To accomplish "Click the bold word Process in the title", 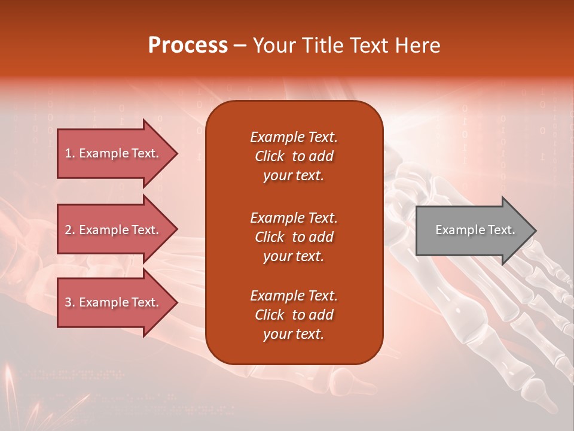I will [x=188, y=45].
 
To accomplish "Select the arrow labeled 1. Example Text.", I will [x=114, y=153].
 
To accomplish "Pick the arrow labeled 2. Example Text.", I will [x=114, y=230].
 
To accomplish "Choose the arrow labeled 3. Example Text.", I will [x=114, y=302].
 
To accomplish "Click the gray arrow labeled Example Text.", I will [x=472, y=230].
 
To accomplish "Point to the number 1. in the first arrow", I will [x=70, y=153].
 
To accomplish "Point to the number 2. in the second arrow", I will [x=70, y=230].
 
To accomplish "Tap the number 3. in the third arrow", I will [x=70, y=302].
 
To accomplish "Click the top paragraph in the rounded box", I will [x=294, y=156].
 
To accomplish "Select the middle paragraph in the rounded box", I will [x=294, y=236].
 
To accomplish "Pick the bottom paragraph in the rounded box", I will [x=294, y=315].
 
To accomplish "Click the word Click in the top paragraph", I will [x=269, y=156].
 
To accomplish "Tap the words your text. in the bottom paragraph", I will [x=294, y=334].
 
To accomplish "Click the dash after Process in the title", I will [x=240, y=45].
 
